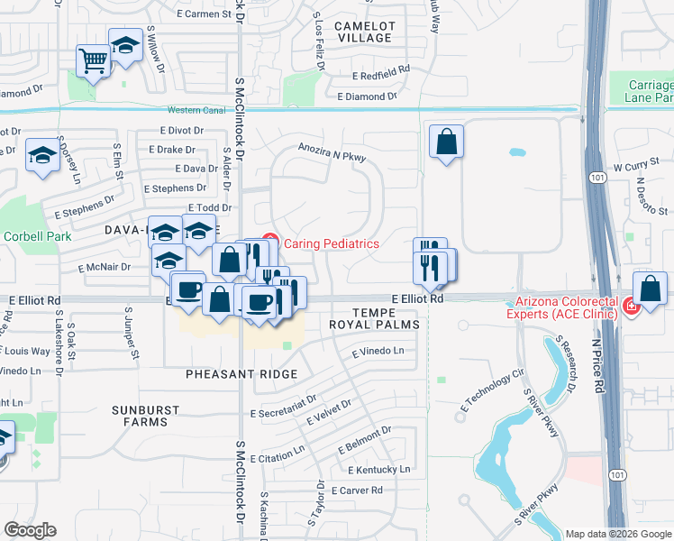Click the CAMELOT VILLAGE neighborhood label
click(x=364, y=32)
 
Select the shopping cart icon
click(x=93, y=61)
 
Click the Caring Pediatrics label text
click(x=332, y=243)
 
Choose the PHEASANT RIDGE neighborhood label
click(x=228, y=373)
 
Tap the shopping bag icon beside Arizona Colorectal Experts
click(x=650, y=289)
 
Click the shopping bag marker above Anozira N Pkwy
click(x=446, y=142)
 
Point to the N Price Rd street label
click(x=597, y=362)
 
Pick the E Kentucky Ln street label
click(x=378, y=470)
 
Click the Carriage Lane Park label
click(x=650, y=91)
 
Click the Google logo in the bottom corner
click(x=30, y=530)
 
